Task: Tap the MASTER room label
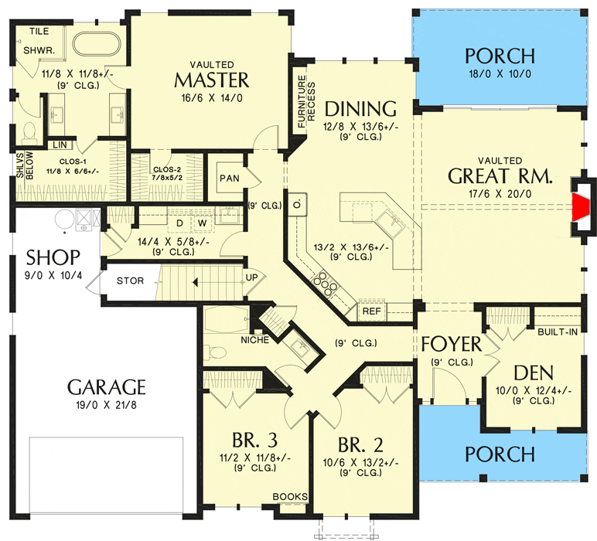tap(212, 80)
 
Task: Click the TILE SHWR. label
tap(39, 41)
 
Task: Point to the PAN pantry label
tap(230, 178)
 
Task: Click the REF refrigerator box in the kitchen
tap(372, 311)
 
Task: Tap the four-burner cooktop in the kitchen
tap(325, 282)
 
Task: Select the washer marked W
tap(202, 223)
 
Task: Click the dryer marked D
tap(179, 223)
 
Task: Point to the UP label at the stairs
tap(251, 277)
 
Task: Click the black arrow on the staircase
tap(196, 282)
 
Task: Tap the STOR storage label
tap(130, 281)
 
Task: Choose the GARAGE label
tap(107, 387)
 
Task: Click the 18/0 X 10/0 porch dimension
tap(500, 73)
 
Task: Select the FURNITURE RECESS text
tap(306, 101)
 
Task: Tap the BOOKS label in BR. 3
tap(290, 496)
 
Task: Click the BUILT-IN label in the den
tap(558, 332)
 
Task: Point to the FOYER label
tap(452, 344)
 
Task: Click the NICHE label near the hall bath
tap(254, 340)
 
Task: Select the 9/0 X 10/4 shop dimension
tap(53, 275)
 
